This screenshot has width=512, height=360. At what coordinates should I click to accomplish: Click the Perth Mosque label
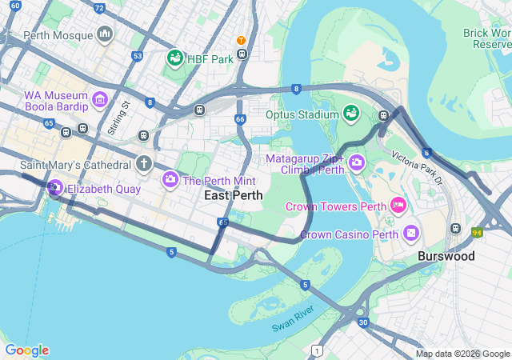tap(58, 35)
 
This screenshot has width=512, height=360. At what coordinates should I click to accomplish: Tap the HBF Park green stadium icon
tap(174, 58)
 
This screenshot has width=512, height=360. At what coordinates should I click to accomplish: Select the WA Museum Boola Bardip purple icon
tap(99, 99)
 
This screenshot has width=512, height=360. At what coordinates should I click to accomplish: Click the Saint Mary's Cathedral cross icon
tap(143, 164)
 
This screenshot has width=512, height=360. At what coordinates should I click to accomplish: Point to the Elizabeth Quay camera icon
tap(55, 189)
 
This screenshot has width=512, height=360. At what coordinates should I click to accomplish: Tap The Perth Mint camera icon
tap(170, 180)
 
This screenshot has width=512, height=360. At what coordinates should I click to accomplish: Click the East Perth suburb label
tap(233, 195)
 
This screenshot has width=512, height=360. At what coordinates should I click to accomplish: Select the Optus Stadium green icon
tap(350, 114)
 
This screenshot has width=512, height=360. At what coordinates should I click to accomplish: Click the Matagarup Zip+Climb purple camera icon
tap(356, 163)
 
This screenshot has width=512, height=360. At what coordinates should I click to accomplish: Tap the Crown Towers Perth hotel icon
tap(398, 206)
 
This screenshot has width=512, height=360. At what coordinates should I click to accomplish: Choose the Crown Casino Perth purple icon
tap(410, 234)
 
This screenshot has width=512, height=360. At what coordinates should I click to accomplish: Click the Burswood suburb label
tap(446, 257)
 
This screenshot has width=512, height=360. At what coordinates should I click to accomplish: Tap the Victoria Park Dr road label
tap(417, 166)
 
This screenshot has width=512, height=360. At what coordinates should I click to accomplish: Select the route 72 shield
tap(98, 8)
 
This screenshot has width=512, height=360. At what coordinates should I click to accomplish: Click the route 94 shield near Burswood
tap(478, 232)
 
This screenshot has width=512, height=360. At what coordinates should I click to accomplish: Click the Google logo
tap(26, 350)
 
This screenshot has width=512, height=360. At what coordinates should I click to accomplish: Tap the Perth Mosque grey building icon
tap(104, 34)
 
